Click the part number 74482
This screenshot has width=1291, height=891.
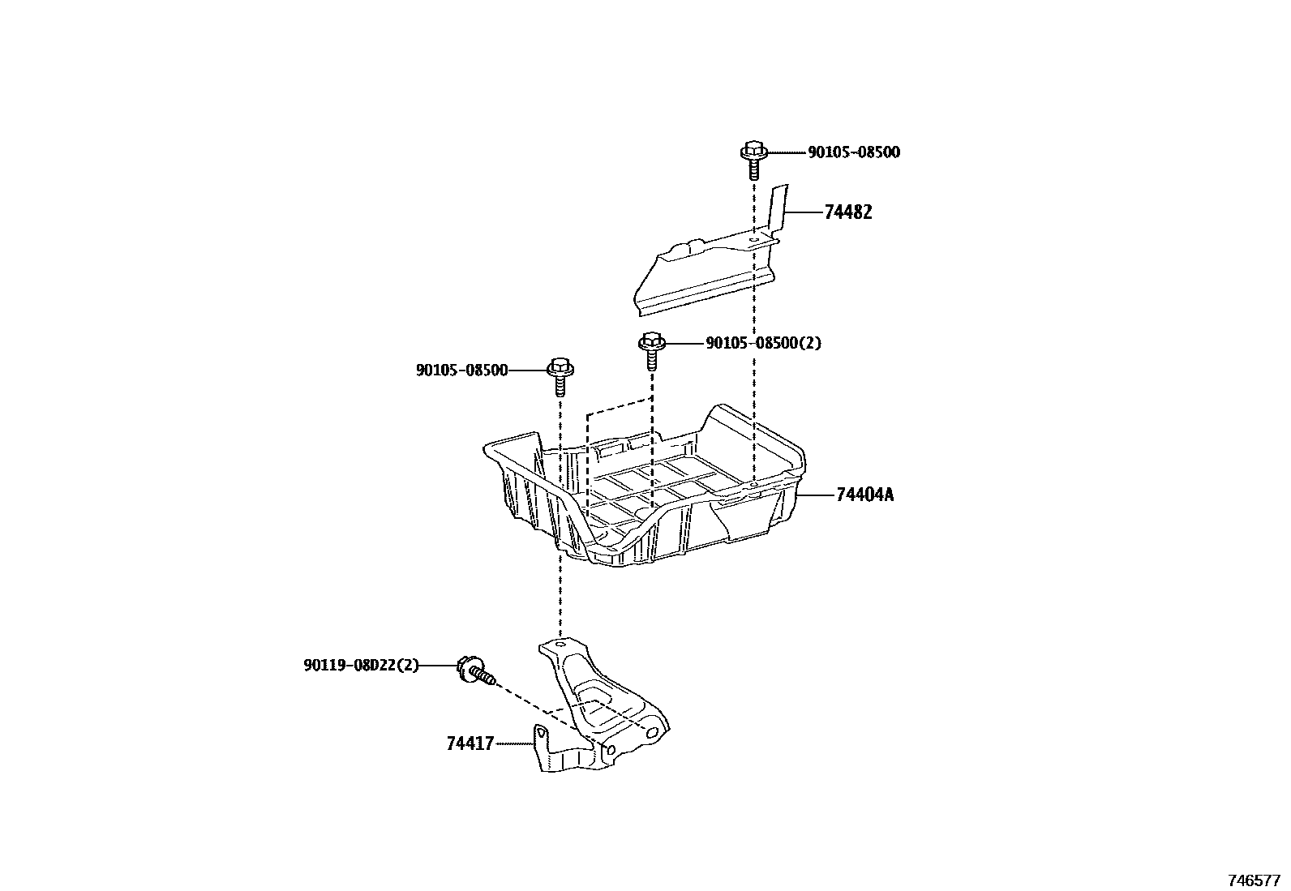coord(847,212)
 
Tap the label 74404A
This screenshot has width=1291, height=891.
coord(864,494)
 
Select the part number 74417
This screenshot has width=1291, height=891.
coord(470,743)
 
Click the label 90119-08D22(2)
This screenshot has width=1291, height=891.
coord(362,666)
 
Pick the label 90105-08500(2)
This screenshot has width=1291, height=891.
coord(763,343)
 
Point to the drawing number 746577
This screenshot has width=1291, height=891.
coord(1255,880)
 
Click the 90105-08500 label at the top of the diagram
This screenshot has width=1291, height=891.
coord(853,152)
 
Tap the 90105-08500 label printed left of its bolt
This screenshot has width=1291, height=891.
coord(461,371)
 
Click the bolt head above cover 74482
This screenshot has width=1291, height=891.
coord(754,152)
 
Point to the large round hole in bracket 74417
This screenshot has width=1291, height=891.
coord(651,733)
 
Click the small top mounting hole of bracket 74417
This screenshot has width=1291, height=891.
coord(560,644)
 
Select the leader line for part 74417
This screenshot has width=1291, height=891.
coord(514,743)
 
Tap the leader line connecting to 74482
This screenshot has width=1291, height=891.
coord(804,212)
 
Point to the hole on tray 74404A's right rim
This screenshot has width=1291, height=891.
coord(753,484)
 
